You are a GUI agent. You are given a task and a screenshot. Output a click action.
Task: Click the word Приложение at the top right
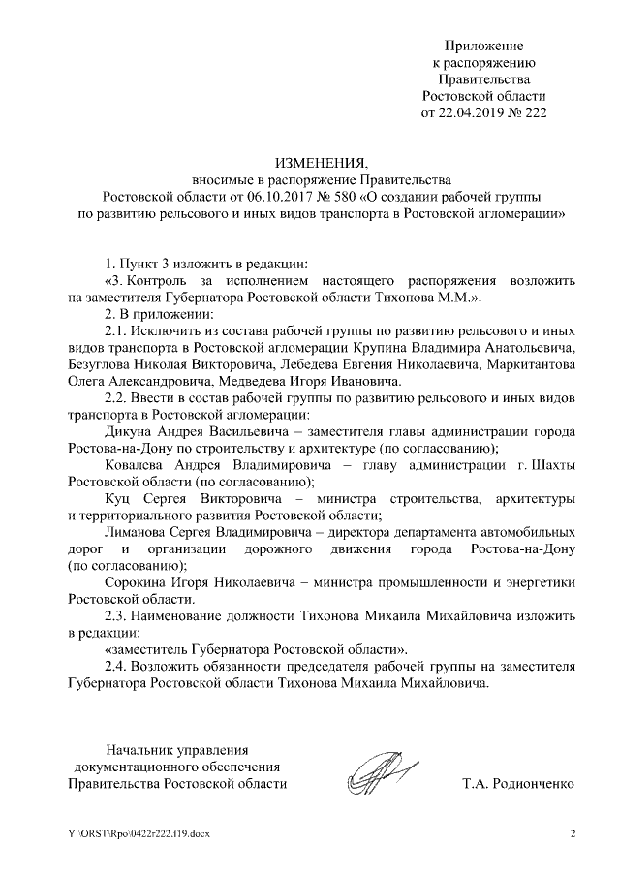pyautogui.click(x=483, y=46)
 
